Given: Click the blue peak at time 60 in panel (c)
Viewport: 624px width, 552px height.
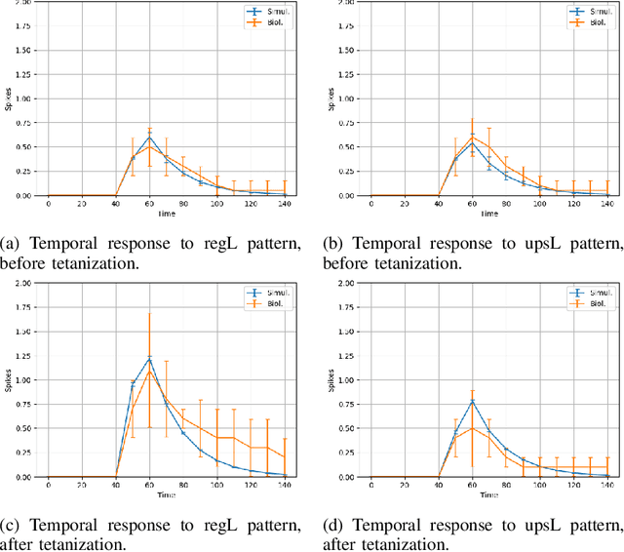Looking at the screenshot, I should (149, 358).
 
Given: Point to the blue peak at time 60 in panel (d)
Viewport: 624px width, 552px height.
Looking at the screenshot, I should (472, 400).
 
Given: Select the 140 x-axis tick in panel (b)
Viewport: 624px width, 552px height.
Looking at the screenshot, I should (606, 203).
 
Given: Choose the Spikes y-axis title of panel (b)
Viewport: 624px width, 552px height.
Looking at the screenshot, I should (331, 98).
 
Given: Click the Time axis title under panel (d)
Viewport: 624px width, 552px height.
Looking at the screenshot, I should (489, 493).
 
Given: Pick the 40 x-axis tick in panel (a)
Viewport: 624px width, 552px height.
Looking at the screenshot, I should (115, 203).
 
